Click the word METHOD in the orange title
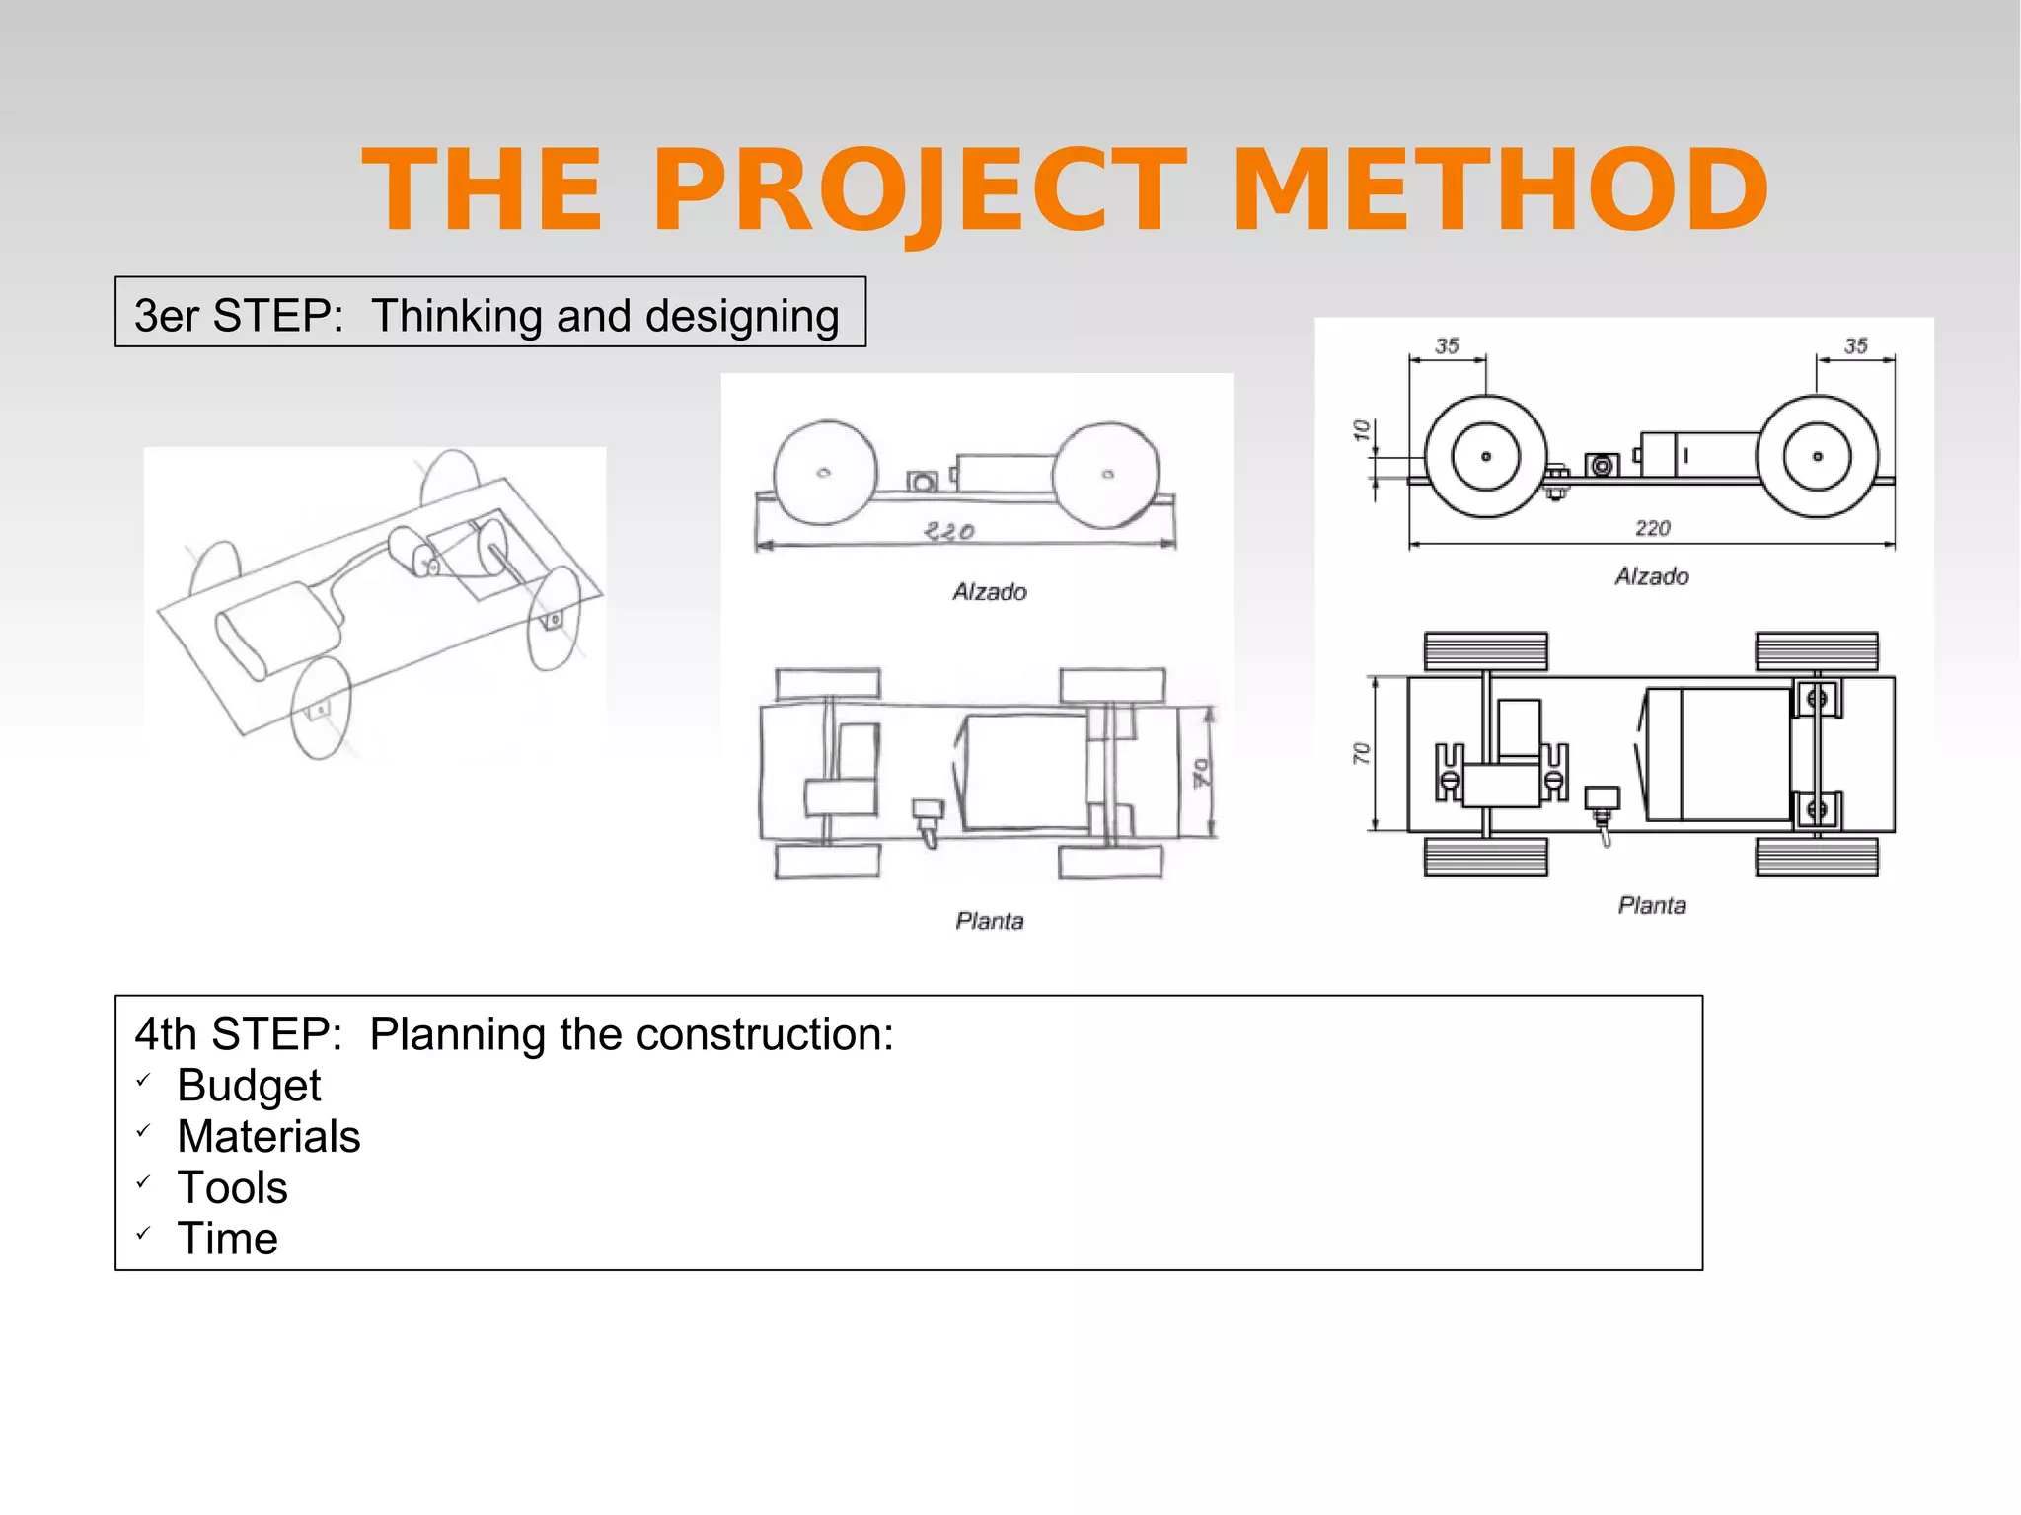coord(1500,189)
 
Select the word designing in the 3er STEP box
coord(742,316)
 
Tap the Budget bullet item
coord(249,1085)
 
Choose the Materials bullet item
coord(268,1136)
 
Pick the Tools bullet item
coord(232,1187)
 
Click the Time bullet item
coord(227,1239)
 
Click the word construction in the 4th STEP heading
coord(759,1034)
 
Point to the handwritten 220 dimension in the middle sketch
coord(949,532)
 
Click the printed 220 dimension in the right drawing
coord(1652,528)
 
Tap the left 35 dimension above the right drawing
coord(1447,346)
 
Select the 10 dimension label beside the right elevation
coord(1362,431)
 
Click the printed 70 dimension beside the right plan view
coord(1362,754)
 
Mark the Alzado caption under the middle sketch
coord(990,592)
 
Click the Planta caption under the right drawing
coord(1652,905)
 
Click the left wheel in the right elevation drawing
coord(1485,456)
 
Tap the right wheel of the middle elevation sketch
coord(1107,475)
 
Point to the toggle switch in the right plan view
coord(1602,805)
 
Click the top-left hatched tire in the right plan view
coord(1485,651)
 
